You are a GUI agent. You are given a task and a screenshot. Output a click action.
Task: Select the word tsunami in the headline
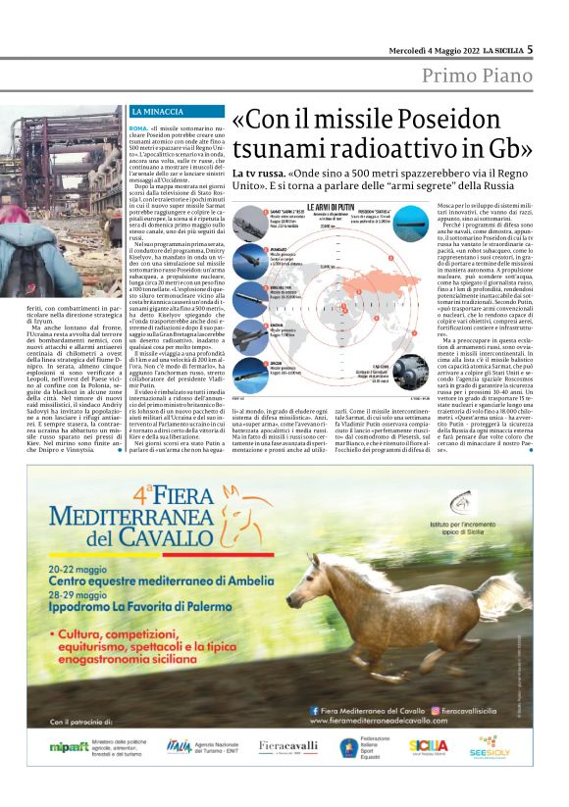(280, 149)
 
